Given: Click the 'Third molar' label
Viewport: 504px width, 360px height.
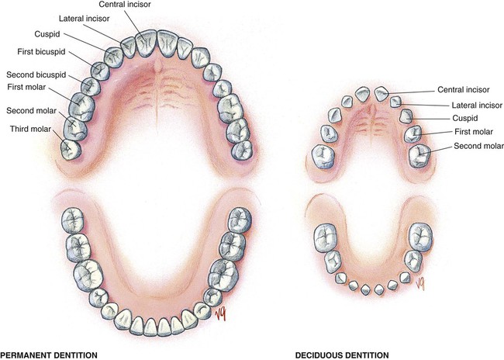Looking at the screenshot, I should point(32,128).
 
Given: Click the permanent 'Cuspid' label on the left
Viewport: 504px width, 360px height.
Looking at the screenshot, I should point(45,34).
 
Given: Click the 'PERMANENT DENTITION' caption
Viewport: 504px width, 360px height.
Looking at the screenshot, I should point(49,355).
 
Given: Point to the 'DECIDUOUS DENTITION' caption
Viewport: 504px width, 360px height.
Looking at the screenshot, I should point(342,355).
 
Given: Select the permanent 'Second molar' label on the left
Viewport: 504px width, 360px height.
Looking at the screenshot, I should point(32,110).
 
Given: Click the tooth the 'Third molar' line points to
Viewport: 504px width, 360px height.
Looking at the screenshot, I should point(71,147).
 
